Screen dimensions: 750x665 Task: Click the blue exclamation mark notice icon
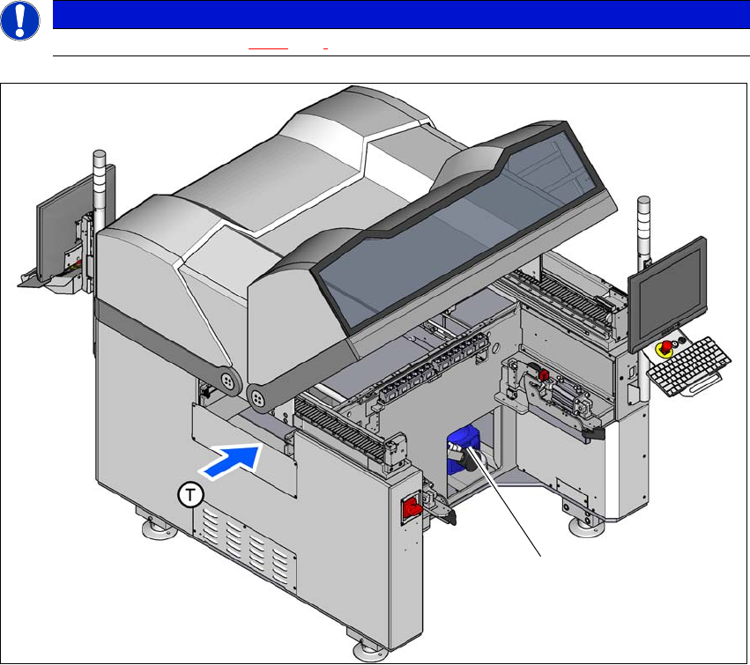[20, 20]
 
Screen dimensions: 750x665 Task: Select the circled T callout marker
[190, 495]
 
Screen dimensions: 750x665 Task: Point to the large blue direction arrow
[233, 460]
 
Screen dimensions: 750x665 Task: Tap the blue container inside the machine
[464, 449]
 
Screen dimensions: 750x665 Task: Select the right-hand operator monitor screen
[668, 293]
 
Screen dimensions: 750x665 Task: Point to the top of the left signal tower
[99, 153]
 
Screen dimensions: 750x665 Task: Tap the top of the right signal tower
[644, 199]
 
